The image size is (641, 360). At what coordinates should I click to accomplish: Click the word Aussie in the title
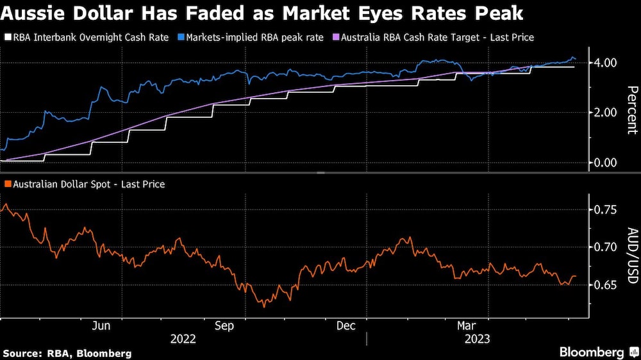[x=33, y=13]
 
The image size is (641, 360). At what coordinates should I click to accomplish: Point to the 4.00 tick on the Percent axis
[x=606, y=63]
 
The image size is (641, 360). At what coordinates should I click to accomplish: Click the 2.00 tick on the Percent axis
[x=606, y=113]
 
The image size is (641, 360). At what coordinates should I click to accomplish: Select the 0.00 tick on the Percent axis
[x=606, y=163]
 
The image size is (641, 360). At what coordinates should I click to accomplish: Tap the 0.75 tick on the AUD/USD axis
[x=606, y=210]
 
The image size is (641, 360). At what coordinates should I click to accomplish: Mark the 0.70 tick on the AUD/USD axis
[x=606, y=247]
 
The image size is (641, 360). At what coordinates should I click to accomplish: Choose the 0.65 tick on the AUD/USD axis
[x=606, y=284]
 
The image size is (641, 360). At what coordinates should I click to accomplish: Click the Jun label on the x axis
[x=101, y=325]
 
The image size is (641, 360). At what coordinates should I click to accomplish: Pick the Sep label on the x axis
[x=224, y=325]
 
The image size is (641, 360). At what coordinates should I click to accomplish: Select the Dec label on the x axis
[x=346, y=325]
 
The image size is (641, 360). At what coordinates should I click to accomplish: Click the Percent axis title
[x=632, y=110]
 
